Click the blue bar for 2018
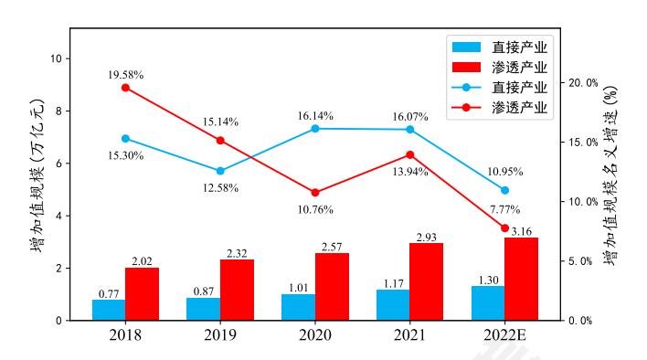pos(109,310)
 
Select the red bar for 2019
pos(237,290)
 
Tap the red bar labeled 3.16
pos(521,279)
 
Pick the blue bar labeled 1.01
pos(298,307)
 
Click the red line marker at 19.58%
pos(125,88)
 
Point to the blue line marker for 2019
pos(220,171)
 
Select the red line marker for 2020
pos(315,193)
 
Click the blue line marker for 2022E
pos(504,190)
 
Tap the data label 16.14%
pos(315,116)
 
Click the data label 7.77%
pos(504,209)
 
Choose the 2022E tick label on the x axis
pos(504,335)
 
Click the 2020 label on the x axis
pos(315,335)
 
